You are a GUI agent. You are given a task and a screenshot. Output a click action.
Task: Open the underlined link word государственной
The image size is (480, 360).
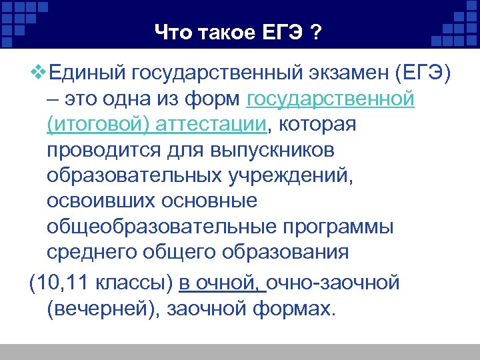click(x=331, y=99)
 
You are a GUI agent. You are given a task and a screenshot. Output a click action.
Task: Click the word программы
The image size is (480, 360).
click(x=337, y=227)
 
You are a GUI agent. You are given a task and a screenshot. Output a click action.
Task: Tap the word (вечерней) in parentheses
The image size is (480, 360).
click(x=104, y=309)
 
